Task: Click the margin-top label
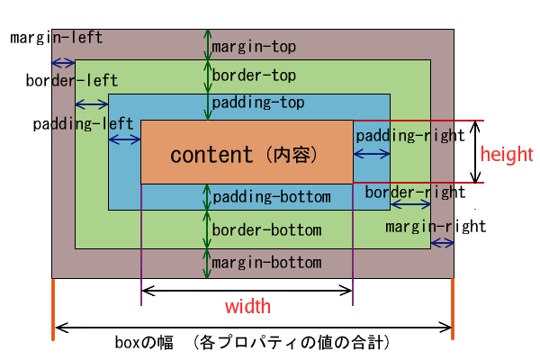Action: [x=254, y=47]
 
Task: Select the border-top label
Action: [x=254, y=75]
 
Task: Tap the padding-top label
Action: [x=258, y=103]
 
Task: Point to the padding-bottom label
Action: [x=272, y=197]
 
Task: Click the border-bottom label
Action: [x=267, y=229]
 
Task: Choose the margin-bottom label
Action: [x=267, y=263]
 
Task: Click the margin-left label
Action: [x=57, y=38]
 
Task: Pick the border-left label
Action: [x=72, y=81]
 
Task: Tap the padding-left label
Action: [x=83, y=124]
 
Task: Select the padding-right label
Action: [x=410, y=136]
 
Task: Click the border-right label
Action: [x=415, y=193]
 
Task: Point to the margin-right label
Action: [x=436, y=227]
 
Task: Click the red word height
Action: [x=507, y=154]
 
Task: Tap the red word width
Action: [x=247, y=306]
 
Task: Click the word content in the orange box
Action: [x=211, y=155]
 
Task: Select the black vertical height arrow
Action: [x=475, y=151]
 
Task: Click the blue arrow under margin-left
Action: [x=63, y=63]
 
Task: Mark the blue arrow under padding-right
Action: [x=372, y=154]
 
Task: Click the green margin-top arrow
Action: [x=207, y=45]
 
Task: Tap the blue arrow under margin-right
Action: [x=443, y=244]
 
